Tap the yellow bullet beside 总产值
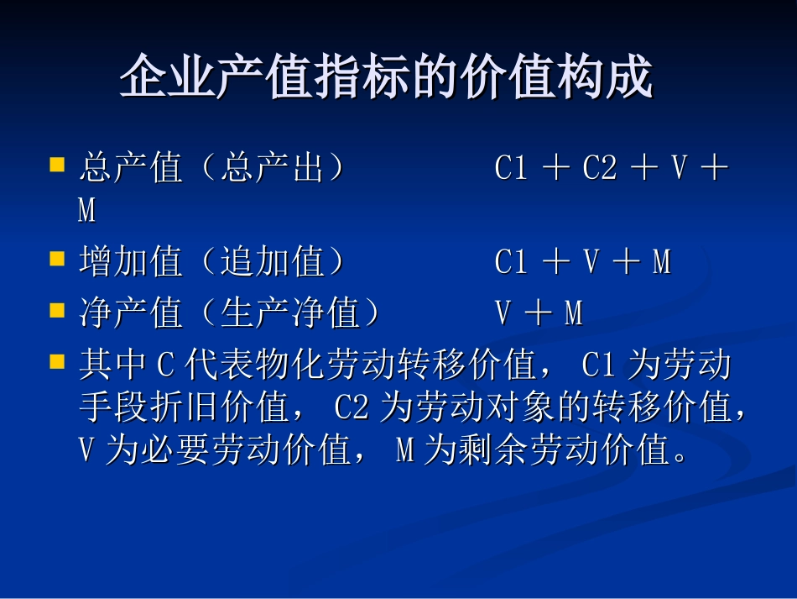tap(57, 164)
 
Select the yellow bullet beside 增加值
tap(57, 258)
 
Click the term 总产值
tap(130, 168)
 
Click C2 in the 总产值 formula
tap(600, 168)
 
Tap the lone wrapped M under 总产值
tap(86, 211)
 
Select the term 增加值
tap(130, 262)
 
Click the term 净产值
tap(130, 313)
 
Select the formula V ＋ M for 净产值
tap(539, 313)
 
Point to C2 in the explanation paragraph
tap(352, 409)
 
